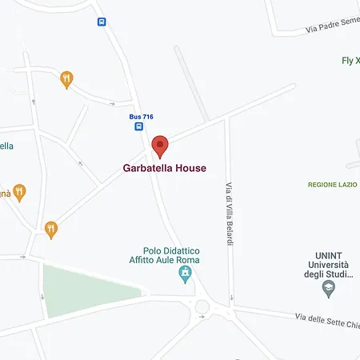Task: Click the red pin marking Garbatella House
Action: [160, 146]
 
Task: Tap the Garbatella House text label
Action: [164, 169]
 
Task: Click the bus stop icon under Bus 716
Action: [139, 126]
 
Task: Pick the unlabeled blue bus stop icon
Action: [101, 22]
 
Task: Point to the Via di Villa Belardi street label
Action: [228, 214]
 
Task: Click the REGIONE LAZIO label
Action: [332, 185]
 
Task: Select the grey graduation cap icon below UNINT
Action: [328, 286]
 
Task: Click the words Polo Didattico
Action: [171, 250]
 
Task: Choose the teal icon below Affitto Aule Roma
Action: [186, 275]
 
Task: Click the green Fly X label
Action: [350, 61]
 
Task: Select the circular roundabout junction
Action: [202, 306]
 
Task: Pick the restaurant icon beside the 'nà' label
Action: [19, 192]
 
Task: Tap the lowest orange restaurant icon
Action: [51, 230]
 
